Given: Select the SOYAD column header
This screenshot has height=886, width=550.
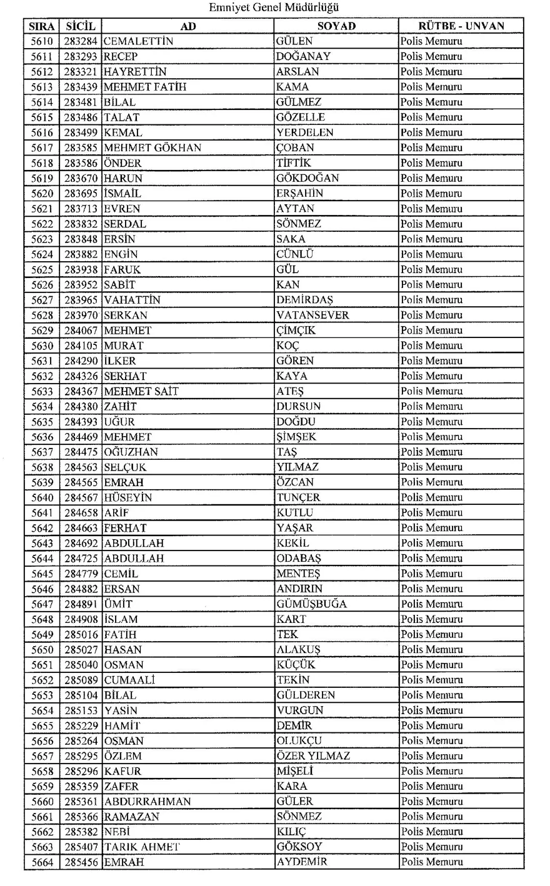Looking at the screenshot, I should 336,26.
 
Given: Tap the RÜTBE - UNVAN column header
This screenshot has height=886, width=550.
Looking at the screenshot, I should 461,26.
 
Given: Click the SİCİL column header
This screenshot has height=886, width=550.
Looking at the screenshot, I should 80,26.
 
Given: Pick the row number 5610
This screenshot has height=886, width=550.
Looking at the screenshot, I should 42,41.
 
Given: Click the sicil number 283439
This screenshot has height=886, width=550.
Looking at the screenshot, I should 81,87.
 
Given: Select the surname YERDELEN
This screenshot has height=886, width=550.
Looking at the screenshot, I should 305,132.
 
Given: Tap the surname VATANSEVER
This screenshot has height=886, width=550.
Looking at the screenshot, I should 313,315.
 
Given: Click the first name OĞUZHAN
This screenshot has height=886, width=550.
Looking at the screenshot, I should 131,452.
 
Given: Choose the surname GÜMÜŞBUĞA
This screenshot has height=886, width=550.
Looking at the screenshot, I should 312,604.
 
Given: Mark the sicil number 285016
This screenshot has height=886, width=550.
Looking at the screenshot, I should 81,634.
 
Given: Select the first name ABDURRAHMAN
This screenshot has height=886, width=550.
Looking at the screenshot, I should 147,802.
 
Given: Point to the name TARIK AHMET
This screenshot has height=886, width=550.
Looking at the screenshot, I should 142,847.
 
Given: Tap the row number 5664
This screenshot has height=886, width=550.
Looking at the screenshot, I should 42,862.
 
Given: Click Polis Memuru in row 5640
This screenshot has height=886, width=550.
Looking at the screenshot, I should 431,497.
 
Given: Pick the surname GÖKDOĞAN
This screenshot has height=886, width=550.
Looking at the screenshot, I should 308,178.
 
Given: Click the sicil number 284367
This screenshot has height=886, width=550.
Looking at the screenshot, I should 81,391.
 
